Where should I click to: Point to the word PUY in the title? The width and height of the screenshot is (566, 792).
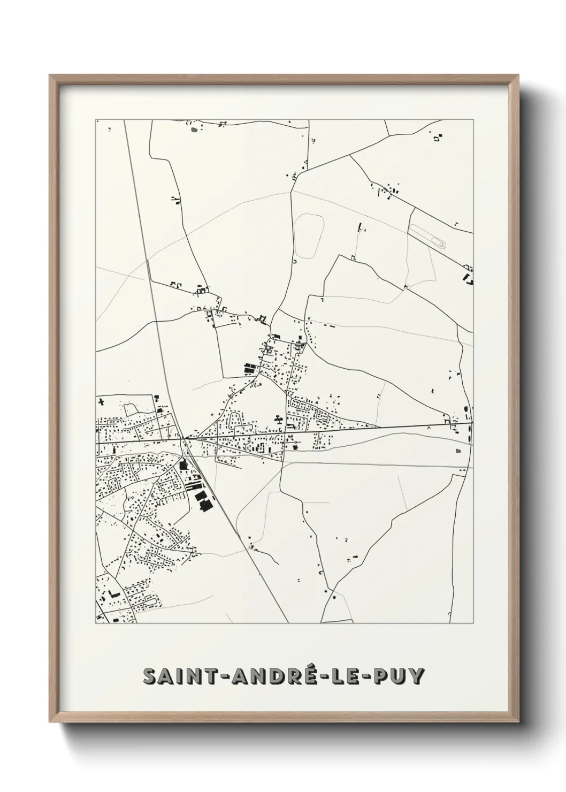tap(399, 676)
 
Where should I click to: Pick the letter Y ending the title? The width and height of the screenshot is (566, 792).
tap(417, 676)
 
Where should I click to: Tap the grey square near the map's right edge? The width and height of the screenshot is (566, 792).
tap(458, 452)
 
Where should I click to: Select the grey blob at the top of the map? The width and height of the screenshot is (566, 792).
tap(193, 128)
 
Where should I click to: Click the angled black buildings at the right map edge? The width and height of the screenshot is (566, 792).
tap(470, 278)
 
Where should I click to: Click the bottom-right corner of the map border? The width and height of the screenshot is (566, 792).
tap(473, 623)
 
